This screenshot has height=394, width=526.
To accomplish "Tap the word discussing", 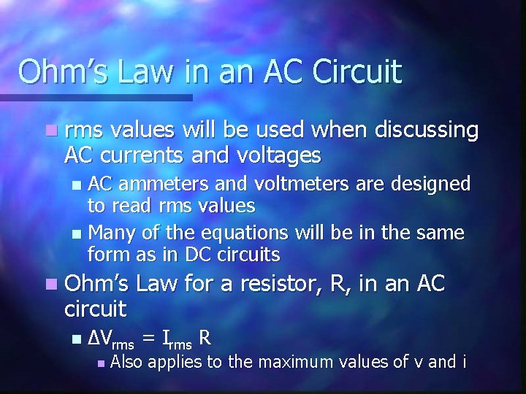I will pos(427,130).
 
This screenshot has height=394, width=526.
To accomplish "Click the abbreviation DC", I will pos(201,255).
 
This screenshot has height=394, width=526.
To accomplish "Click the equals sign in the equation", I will pos(149,338).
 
